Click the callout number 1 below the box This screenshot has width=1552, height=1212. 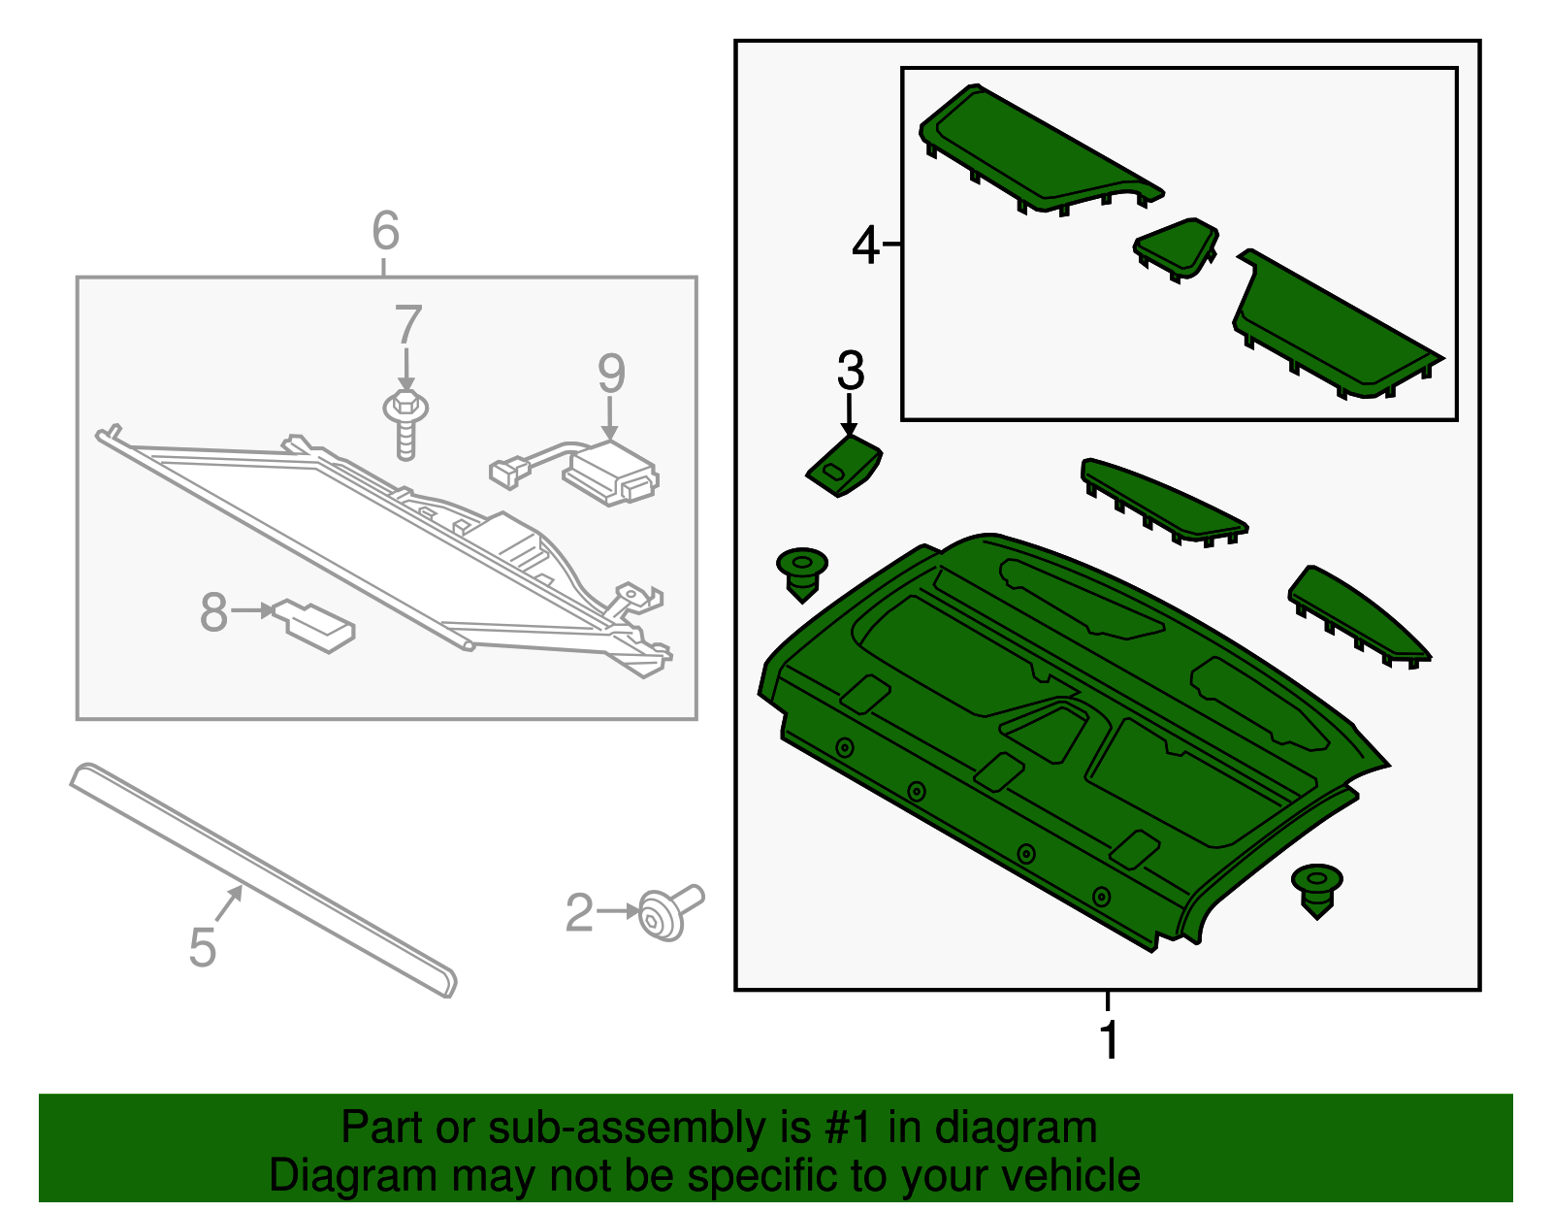pyautogui.click(x=1109, y=1040)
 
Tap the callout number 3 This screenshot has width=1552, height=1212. pyautogui.click(x=850, y=371)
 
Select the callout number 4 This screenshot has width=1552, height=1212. pyautogui.click(x=865, y=245)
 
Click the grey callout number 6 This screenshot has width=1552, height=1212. pyautogui.click(x=385, y=231)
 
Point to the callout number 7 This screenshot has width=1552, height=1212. pyautogui.click(x=408, y=325)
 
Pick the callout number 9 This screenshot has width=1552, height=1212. pyautogui.click(x=611, y=374)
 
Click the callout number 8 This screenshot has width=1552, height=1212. pyautogui.click(x=213, y=612)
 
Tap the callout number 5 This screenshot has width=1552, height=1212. pyautogui.click(x=202, y=947)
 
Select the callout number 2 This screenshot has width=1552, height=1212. pyautogui.click(x=579, y=913)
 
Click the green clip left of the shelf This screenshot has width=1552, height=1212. pyautogui.click(x=802, y=572)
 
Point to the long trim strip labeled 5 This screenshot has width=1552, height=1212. pyautogui.click(x=262, y=878)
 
